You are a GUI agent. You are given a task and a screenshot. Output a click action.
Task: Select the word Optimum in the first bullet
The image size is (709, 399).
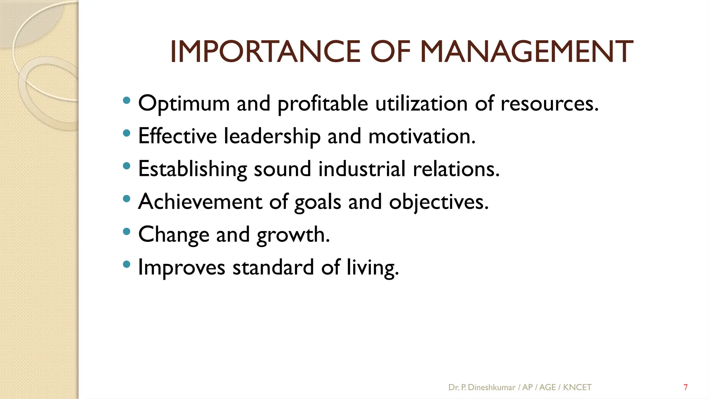(x=184, y=103)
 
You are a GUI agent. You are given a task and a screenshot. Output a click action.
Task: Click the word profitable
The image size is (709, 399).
(x=323, y=104)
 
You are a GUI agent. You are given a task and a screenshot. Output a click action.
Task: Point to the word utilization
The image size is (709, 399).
(x=421, y=103)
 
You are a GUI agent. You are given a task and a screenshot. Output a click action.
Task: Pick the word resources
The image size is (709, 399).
(x=549, y=104)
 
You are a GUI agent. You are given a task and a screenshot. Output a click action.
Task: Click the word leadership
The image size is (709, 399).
(x=272, y=136)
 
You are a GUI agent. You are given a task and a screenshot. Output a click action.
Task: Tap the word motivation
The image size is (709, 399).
(x=422, y=136)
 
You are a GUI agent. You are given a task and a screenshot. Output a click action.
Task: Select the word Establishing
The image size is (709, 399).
(x=192, y=169)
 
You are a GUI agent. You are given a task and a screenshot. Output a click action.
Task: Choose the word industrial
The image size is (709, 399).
(x=362, y=169)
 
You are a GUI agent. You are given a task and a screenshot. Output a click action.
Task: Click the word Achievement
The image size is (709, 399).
(x=200, y=202)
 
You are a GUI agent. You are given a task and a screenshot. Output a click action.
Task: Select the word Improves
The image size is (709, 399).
(x=181, y=268)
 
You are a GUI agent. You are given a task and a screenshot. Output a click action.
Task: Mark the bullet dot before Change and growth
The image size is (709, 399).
(x=127, y=231)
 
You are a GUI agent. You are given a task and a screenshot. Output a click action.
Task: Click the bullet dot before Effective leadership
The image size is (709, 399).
(x=127, y=133)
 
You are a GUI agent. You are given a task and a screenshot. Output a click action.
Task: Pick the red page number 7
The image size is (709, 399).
(x=685, y=387)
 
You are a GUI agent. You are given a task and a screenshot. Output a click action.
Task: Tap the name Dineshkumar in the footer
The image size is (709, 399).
(x=492, y=387)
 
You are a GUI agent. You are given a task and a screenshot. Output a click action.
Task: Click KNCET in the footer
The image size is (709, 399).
(x=577, y=387)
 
